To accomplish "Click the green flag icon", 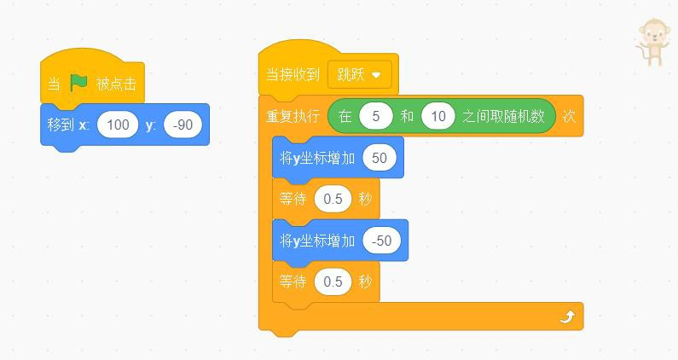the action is (79, 83).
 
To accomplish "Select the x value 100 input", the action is (118, 125).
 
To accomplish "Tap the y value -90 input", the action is (183, 125).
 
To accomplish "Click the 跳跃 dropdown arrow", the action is (376, 75).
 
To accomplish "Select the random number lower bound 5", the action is (376, 116).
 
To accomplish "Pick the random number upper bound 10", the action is (438, 116).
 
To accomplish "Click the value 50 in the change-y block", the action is (380, 158).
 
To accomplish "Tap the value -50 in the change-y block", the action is (381, 241).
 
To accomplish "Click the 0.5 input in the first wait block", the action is (333, 199).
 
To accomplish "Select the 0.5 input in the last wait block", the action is (333, 282).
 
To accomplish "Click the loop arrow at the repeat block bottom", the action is (568, 317).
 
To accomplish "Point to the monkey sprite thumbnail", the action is (653, 42).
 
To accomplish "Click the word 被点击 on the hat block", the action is (116, 84).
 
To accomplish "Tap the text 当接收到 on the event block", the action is (293, 74).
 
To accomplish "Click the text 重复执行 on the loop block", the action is (293, 116).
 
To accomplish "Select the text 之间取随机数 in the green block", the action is (503, 116).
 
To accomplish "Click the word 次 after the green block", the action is (569, 116).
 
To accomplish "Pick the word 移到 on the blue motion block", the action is (61, 125).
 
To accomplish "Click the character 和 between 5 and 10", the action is (407, 116).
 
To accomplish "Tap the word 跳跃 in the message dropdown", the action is (351, 74).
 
